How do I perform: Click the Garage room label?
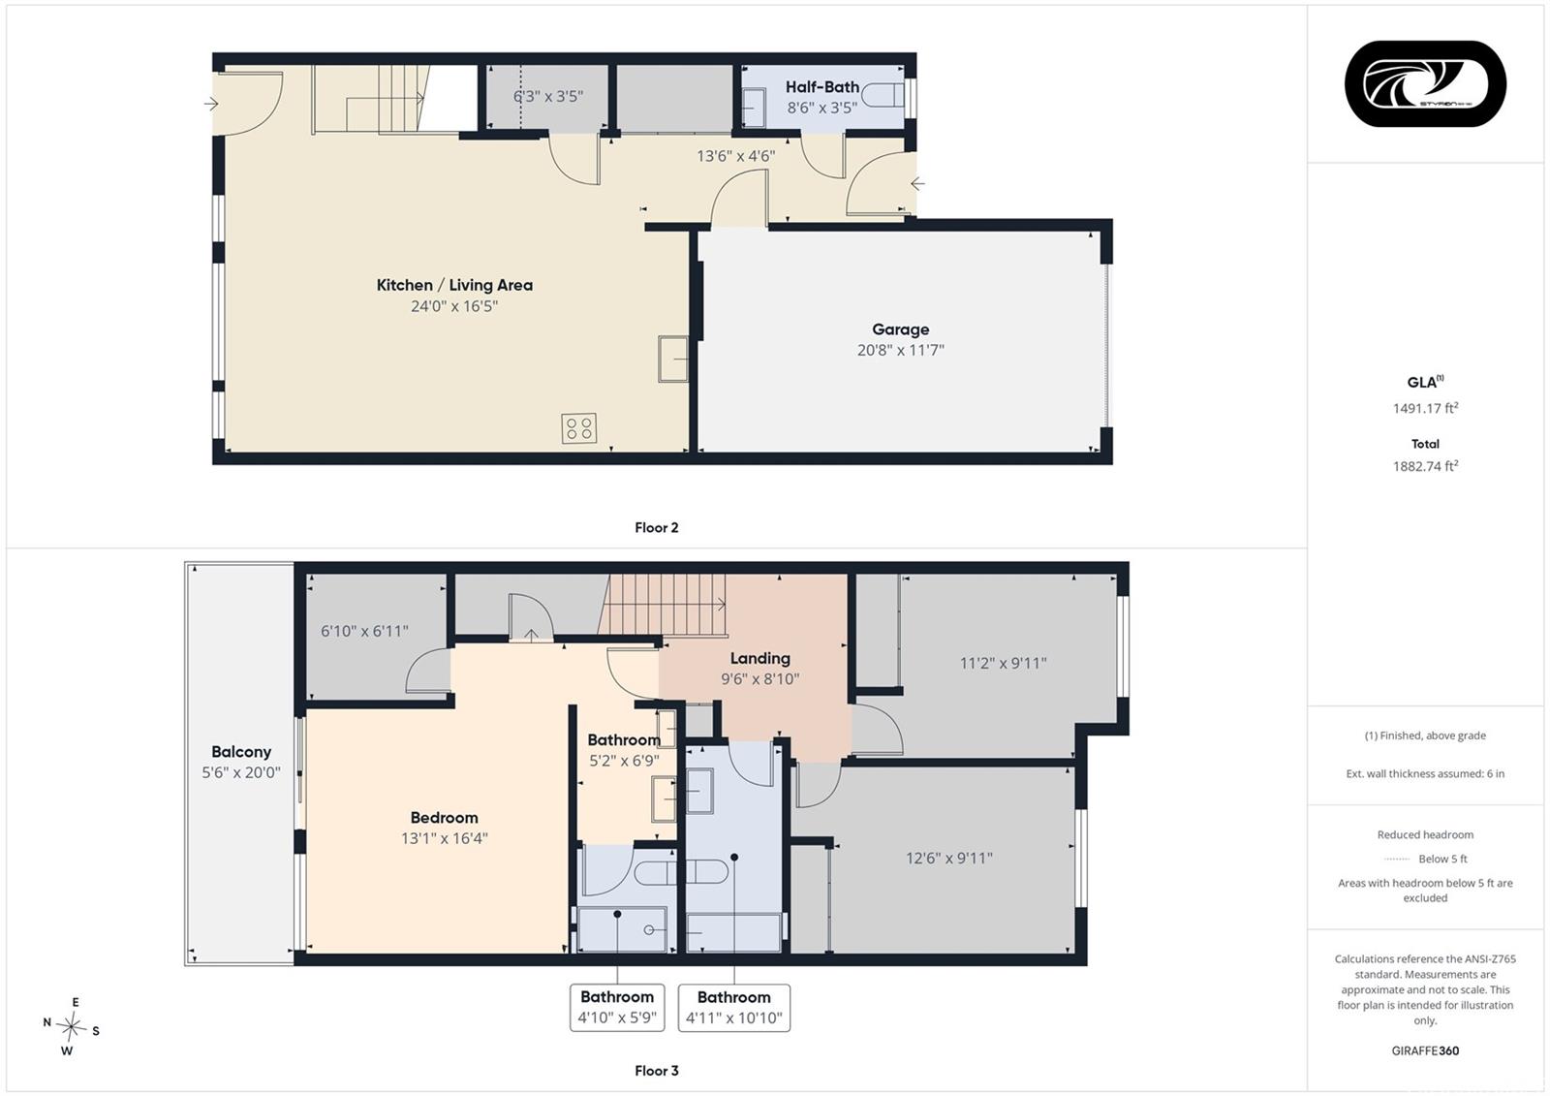click(x=900, y=329)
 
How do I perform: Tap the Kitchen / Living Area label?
click(x=454, y=285)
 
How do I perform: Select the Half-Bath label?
click(x=822, y=87)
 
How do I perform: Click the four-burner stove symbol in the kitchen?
click(x=578, y=428)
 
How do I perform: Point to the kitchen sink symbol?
click(x=672, y=359)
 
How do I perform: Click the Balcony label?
click(x=241, y=752)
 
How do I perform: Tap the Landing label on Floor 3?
click(x=759, y=658)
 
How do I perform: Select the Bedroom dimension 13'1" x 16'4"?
click(x=445, y=838)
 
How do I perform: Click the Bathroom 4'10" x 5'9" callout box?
click(x=617, y=1008)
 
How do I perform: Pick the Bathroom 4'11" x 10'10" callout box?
click(x=734, y=1008)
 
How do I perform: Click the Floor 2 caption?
click(x=657, y=527)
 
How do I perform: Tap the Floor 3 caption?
click(x=657, y=1071)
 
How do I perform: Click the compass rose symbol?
click(x=71, y=1026)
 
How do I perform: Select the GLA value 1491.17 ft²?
click(x=1425, y=408)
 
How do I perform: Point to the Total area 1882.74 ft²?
click(x=1425, y=466)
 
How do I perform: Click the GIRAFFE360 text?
click(x=1425, y=1050)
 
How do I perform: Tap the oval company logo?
click(x=1425, y=83)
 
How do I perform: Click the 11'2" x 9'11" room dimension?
click(x=1003, y=663)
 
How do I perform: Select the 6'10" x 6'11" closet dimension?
click(x=364, y=631)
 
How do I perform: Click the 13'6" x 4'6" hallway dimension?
click(x=735, y=156)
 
